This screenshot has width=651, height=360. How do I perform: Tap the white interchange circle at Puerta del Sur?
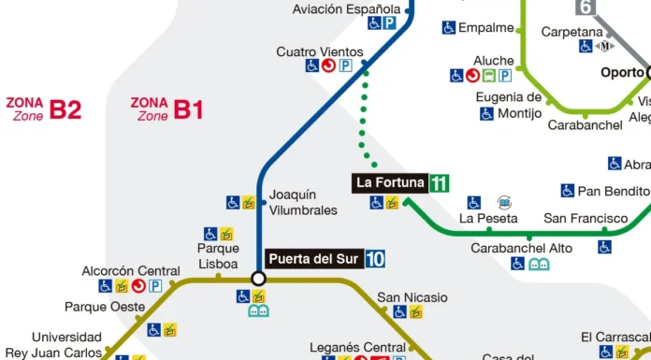pos(259,279)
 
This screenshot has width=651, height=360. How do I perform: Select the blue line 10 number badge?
pos(375,259)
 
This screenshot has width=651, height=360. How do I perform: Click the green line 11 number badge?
pos(439,183)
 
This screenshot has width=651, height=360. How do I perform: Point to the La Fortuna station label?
pos(390,183)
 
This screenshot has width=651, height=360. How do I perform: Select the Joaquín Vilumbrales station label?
pos(302,203)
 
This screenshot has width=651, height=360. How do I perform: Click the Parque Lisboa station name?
pos(218,255)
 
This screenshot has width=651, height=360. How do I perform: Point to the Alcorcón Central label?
pos(130,270)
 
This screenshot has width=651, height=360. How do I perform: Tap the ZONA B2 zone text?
pos(44,109)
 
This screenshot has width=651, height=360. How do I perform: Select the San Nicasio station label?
pos(412,298)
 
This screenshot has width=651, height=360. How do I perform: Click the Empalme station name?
pos(486,28)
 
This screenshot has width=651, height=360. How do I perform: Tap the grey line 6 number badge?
pos(586,7)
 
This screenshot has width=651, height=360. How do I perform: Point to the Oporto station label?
pos(621,72)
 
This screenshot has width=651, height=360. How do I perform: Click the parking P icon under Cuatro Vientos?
pos(345,66)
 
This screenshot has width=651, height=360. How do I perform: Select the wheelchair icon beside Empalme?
pos(449,28)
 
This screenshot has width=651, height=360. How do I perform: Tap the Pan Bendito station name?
pos(614,191)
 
